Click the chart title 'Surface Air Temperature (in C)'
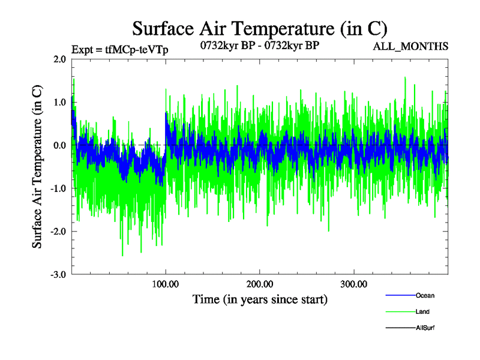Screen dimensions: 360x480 (x=260, y=28)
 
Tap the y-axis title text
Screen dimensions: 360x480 (x=37, y=167)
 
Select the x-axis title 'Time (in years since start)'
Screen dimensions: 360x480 (x=260, y=299)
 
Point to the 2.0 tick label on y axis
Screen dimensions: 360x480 (x=59, y=59)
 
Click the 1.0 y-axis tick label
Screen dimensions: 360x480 (x=59, y=103)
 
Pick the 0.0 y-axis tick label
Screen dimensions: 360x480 (x=59, y=146)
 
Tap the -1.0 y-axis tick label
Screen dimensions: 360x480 (x=58, y=188)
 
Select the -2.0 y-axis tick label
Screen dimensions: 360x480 (x=58, y=232)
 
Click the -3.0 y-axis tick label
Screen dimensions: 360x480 (x=58, y=275)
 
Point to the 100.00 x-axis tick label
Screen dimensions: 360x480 (x=166, y=283)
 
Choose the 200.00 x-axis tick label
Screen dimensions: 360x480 (x=259, y=283)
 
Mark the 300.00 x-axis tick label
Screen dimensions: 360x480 (x=353, y=283)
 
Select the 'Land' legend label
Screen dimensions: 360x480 (x=422, y=311)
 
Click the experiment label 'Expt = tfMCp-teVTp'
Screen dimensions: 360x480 (x=119, y=50)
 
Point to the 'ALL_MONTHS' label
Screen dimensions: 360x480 (x=410, y=46)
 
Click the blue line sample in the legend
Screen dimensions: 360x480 (x=399, y=295)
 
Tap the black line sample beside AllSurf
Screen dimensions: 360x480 (x=399, y=328)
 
